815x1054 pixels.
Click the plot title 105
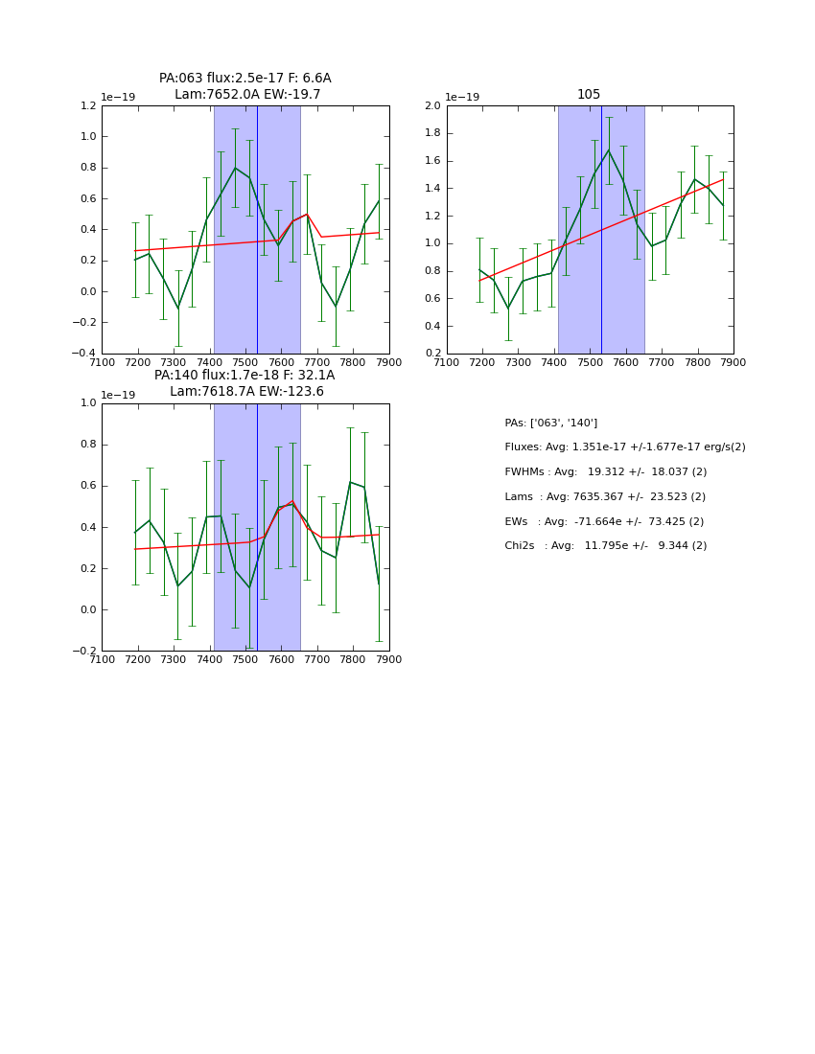[x=589, y=94]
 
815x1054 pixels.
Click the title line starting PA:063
[x=245, y=79]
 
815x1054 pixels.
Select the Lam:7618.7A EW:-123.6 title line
[x=246, y=391]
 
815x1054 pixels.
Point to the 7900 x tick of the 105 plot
[x=733, y=362]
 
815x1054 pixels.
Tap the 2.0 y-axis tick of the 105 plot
[x=432, y=105]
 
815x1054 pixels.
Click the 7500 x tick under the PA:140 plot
[x=245, y=659]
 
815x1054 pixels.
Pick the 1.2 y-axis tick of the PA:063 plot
[x=87, y=105]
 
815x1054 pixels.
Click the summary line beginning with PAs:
[x=550, y=423]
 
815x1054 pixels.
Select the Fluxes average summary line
[x=624, y=447]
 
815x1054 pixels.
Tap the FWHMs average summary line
[x=605, y=471]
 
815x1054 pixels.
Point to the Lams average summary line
[x=604, y=496]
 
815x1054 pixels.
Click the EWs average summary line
[x=604, y=521]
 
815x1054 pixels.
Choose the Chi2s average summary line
[x=605, y=545]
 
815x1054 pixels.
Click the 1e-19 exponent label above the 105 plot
[x=462, y=97]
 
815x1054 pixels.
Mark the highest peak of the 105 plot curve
[x=608, y=149]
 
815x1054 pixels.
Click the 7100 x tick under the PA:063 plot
[x=102, y=362]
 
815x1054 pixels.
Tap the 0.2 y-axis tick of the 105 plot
[x=432, y=354]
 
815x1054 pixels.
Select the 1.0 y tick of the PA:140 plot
[x=87, y=403]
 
